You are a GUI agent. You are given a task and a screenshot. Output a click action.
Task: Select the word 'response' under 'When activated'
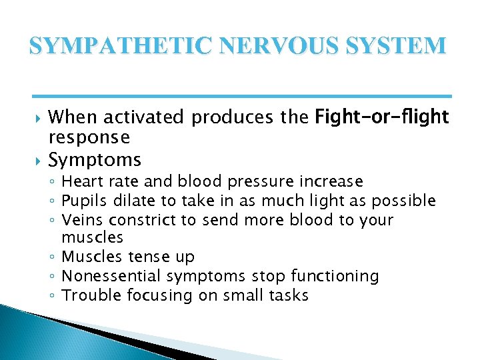89,138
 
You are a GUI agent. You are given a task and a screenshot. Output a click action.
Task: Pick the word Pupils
81,201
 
